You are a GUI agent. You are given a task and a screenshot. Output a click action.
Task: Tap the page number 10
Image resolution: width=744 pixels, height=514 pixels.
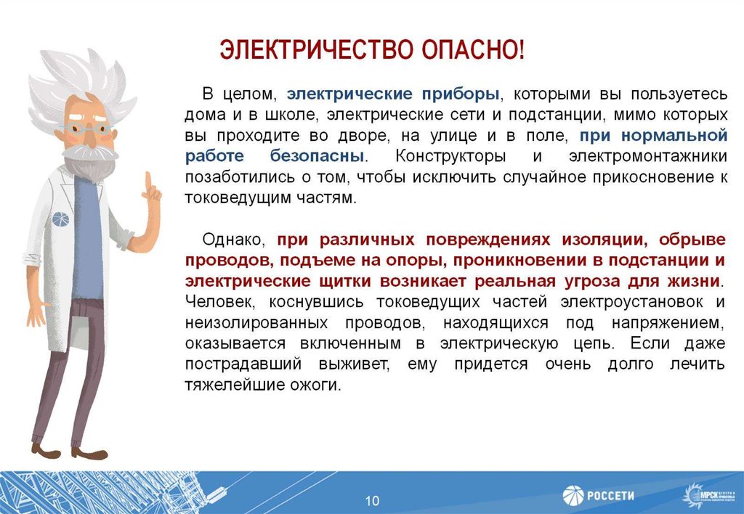pyautogui.click(x=372, y=501)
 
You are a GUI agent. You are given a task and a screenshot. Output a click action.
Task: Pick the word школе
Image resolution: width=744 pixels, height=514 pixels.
pyautogui.click(x=294, y=115)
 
